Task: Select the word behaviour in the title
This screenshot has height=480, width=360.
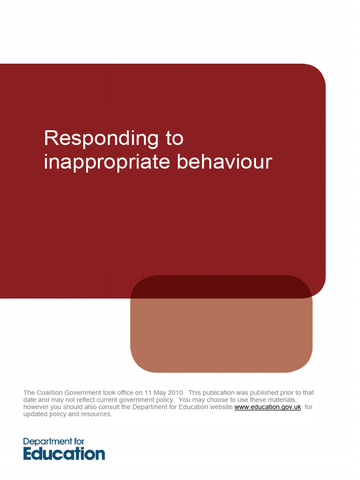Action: tap(224, 162)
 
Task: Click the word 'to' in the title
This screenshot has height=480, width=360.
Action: tap(174, 138)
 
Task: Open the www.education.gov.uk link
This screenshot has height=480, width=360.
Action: tap(267, 407)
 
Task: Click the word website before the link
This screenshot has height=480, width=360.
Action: tap(220, 407)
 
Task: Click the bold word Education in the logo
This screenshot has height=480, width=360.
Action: tap(64, 454)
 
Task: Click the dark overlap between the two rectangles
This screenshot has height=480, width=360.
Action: tap(220, 287)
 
